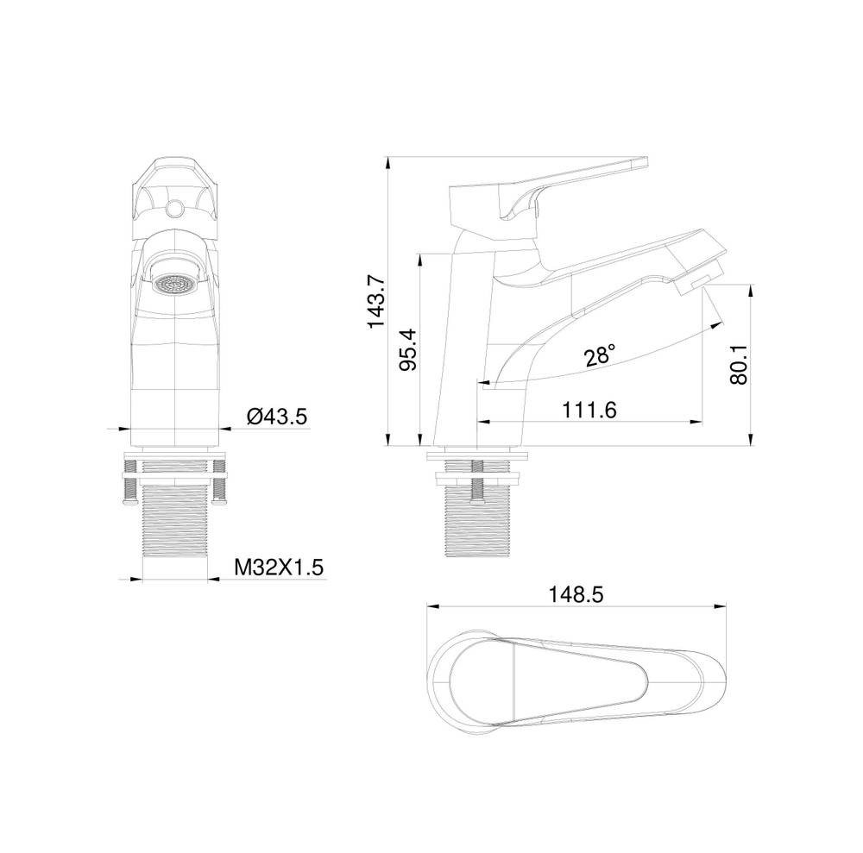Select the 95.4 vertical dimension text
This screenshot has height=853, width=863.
(x=409, y=350)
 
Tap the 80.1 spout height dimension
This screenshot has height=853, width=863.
(x=739, y=365)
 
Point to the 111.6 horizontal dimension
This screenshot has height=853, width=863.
(x=589, y=411)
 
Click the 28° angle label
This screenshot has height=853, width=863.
(x=600, y=354)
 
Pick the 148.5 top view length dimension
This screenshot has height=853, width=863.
(x=575, y=594)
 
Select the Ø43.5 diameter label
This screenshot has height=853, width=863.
(x=277, y=417)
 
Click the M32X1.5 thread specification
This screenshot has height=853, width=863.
(x=279, y=567)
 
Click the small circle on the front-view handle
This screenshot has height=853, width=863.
(x=175, y=208)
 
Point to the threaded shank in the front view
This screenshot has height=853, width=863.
(x=175, y=526)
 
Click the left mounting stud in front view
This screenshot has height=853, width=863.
(x=129, y=490)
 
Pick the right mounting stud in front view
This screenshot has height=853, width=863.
(x=221, y=490)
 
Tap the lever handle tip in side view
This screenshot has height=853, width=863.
(x=639, y=161)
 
